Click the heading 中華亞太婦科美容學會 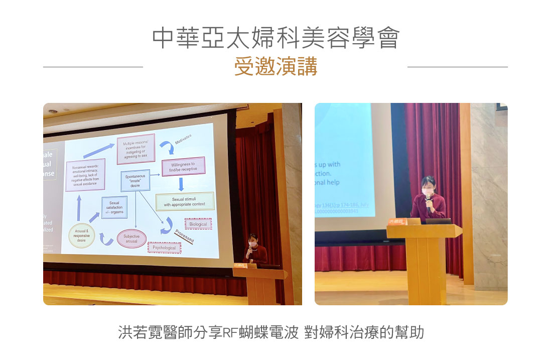pyautogui.click(x=276, y=39)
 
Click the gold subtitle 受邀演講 pyautogui.click(x=276, y=67)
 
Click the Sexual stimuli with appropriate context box pyautogui.click(x=185, y=202)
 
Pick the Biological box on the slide pyautogui.click(x=198, y=224)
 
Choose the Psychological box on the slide pyautogui.click(x=165, y=248)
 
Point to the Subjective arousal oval pyautogui.click(x=131, y=239)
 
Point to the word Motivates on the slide pyautogui.click(x=183, y=140)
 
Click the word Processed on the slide pyautogui.click(x=184, y=236)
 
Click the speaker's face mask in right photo pyautogui.click(x=429, y=192)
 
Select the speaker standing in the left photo pyautogui.click(x=254, y=251)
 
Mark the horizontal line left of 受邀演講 pyautogui.click(x=93, y=67)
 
